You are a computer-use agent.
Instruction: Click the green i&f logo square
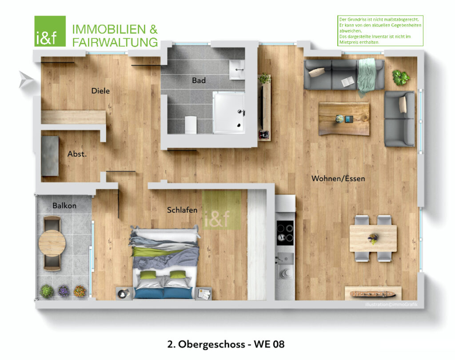(x=50, y=31)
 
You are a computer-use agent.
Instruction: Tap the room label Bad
(x=199, y=80)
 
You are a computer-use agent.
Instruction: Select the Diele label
(x=100, y=91)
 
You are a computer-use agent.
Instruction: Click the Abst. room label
(x=77, y=154)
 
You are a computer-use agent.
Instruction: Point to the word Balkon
(x=64, y=206)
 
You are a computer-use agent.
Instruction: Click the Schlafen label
(x=182, y=210)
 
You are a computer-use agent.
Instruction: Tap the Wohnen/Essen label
(x=338, y=178)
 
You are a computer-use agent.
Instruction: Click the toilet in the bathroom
(x=191, y=125)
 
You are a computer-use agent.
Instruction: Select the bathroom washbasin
(x=237, y=70)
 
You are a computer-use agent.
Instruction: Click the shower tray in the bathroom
(x=229, y=112)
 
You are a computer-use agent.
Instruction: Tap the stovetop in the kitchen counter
(x=285, y=233)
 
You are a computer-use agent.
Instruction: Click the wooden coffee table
(x=344, y=119)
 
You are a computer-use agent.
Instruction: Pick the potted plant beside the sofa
(x=401, y=77)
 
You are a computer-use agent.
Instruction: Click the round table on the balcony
(x=52, y=243)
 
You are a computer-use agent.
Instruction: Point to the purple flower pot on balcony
(x=63, y=291)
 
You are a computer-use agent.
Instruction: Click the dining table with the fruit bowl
(x=373, y=238)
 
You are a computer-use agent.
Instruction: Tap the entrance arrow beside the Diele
(x=26, y=79)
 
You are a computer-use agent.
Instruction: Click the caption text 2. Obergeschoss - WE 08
(x=226, y=344)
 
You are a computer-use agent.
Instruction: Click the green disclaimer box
(x=380, y=31)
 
